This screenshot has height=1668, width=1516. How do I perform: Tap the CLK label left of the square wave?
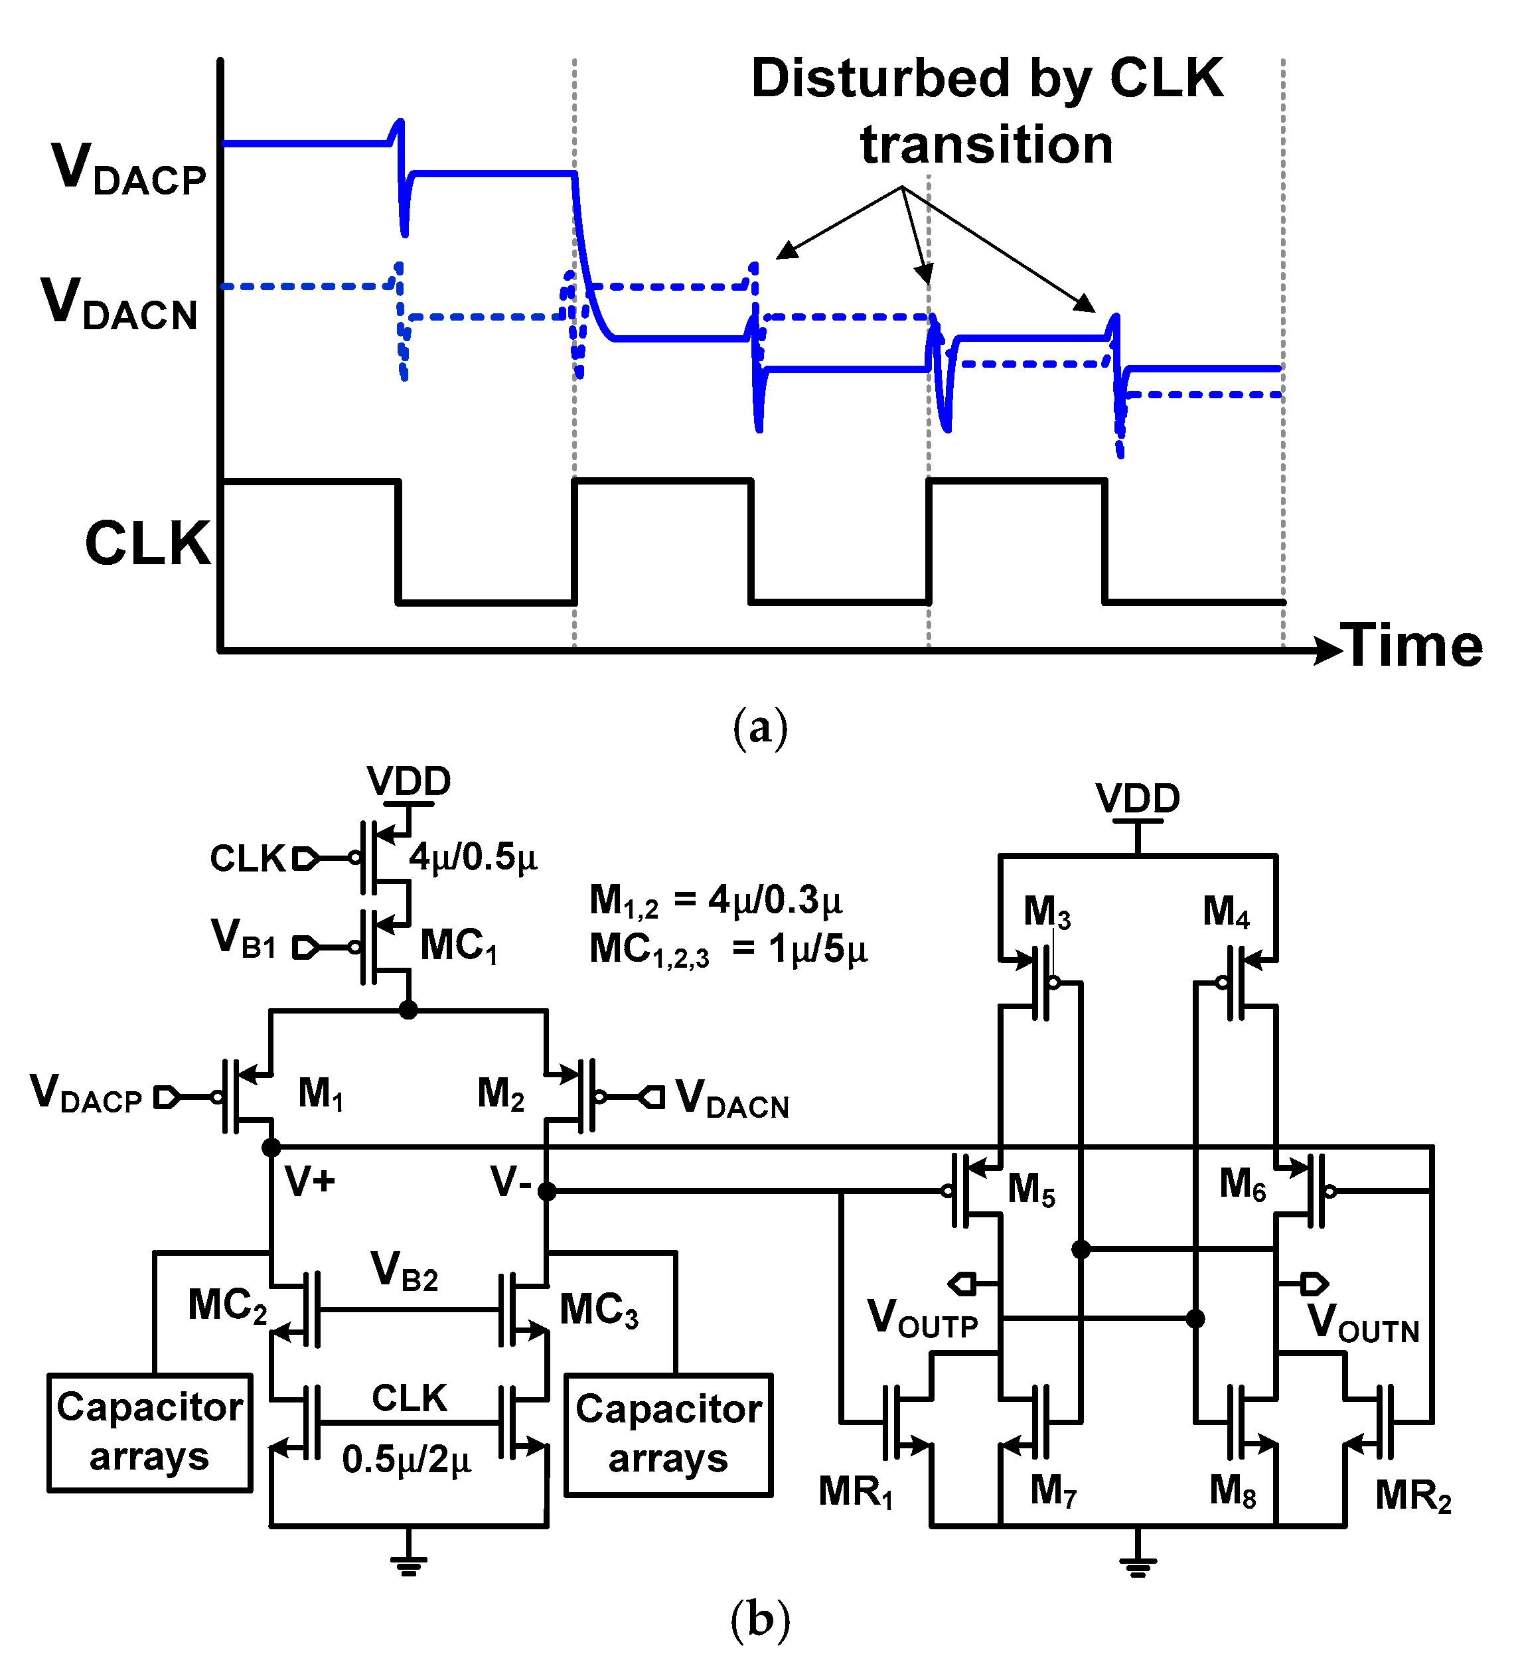click(x=147, y=544)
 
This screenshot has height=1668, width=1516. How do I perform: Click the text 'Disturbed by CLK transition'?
click(x=986, y=111)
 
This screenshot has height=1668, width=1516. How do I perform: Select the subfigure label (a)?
click(x=759, y=728)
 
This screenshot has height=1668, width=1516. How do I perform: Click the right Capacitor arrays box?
click(x=668, y=1434)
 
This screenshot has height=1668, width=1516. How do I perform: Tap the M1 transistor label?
click(x=320, y=1094)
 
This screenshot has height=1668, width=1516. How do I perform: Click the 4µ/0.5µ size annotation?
click(x=473, y=857)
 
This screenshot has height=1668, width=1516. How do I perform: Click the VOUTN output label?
click(x=1363, y=1322)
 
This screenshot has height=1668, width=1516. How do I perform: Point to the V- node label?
click(x=510, y=1181)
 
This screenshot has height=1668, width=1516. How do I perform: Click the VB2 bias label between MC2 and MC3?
click(x=404, y=1270)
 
